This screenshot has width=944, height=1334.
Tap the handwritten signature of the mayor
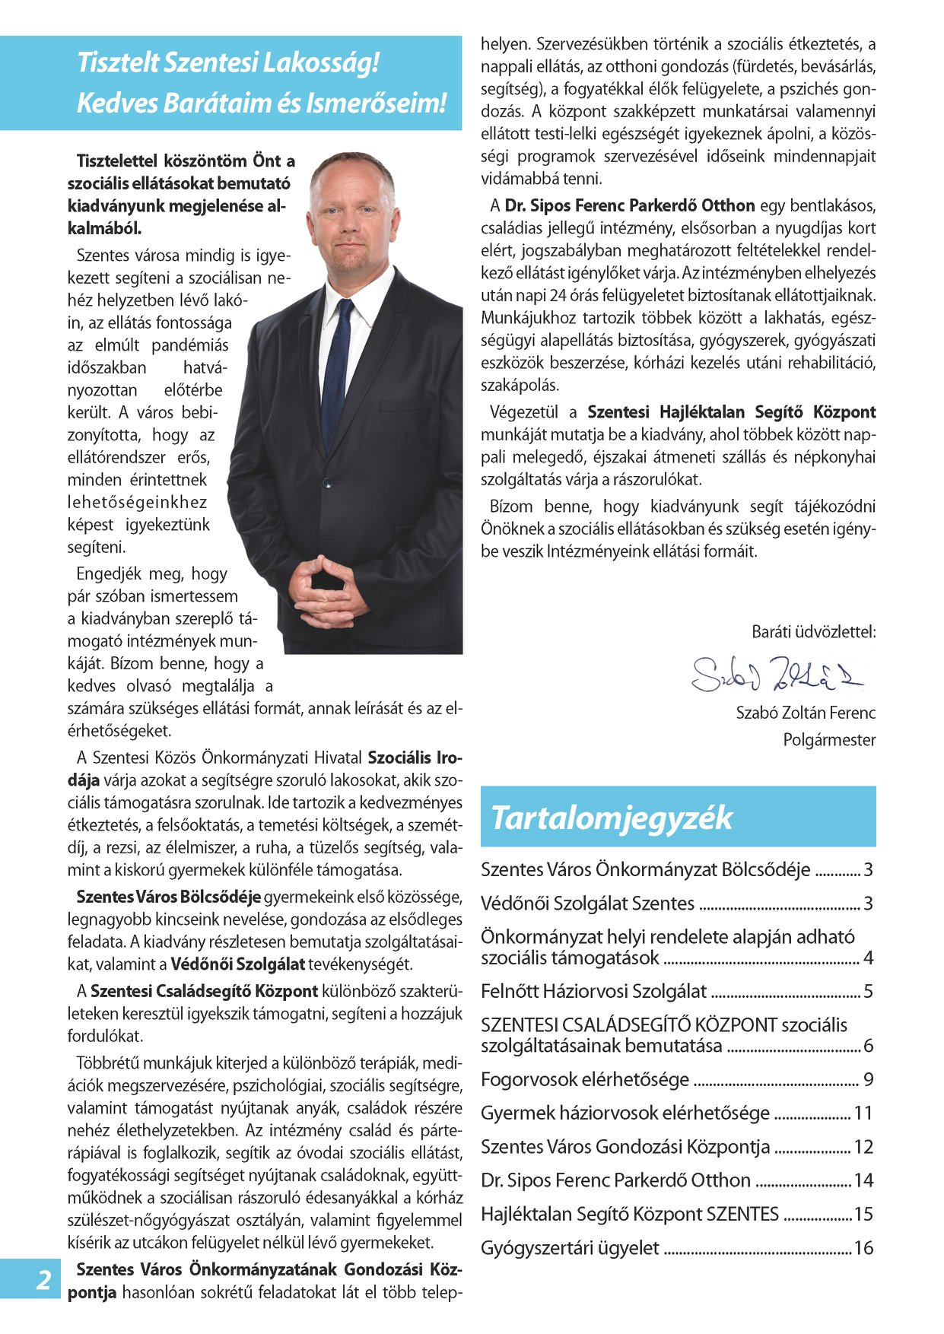pos(776,673)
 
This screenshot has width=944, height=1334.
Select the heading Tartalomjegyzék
pos(612,818)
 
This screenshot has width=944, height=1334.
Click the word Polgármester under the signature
pos(829,739)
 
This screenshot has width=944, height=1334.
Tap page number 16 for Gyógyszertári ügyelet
pos(863,1248)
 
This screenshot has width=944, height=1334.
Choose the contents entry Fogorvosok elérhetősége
pos(585,1079)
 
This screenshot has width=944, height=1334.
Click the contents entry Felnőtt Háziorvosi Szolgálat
pos(593,991)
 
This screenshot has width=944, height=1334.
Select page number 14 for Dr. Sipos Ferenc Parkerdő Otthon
pos(863,1180)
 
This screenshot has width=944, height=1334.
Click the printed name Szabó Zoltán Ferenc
pos(806,713)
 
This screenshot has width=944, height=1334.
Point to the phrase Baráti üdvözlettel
pos(813,631)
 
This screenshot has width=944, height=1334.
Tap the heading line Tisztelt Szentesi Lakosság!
pos(228,62)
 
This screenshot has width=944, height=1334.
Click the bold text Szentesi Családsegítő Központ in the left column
pos(204,991)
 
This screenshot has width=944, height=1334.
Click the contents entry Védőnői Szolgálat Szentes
pos(587,904)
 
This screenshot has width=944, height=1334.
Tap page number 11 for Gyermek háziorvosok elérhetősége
pos(863,1113)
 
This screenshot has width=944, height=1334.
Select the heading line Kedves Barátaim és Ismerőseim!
pos(261,103)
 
